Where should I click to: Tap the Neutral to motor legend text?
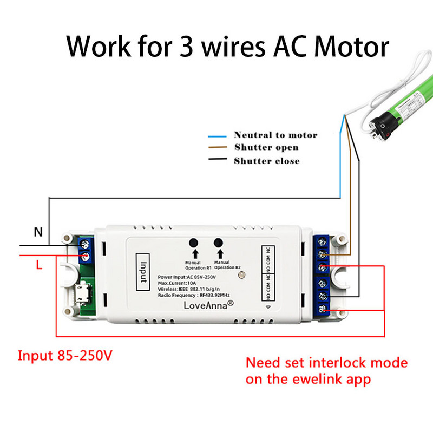275,135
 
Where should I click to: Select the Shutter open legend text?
266,147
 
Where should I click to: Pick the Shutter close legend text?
266,161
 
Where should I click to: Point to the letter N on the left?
38,232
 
